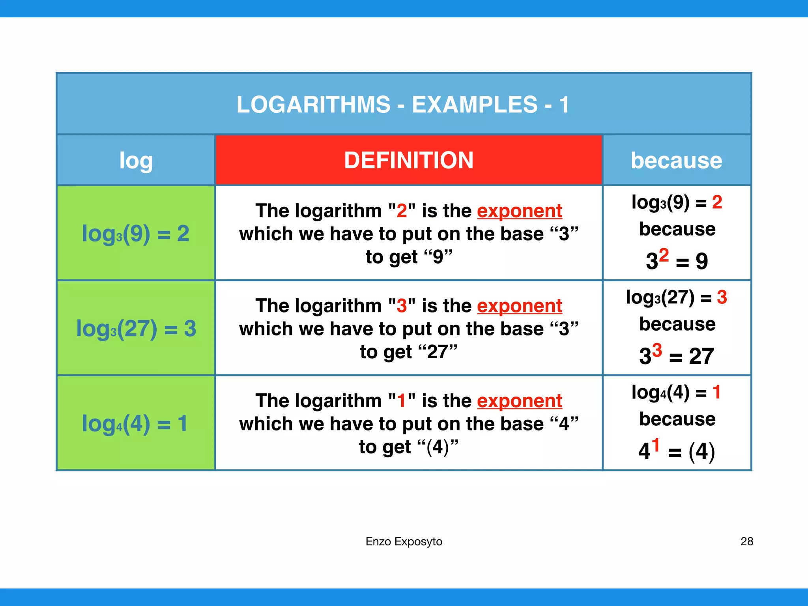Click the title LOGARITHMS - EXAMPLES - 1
click(403, 105)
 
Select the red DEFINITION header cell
click(408, 160)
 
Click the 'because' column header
click(676, 161)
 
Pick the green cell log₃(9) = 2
click(136, 233)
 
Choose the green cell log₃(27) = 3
click(136, 328)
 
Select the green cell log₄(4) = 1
click(136, 423)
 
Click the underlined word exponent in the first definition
click(519, 211)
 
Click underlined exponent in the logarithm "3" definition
click(519, 306)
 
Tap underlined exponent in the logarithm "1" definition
click(519, 401)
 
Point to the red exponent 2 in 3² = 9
click(664, 255)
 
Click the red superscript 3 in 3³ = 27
click(656, 350)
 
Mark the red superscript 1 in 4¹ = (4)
click(655, 445)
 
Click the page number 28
click(747, 541)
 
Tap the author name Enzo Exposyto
click(404, 541)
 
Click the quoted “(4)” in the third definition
click(438, 447)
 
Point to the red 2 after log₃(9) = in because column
click(717, 202)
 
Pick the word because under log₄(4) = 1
click(677, 419)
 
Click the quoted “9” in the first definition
click(438, 257)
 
